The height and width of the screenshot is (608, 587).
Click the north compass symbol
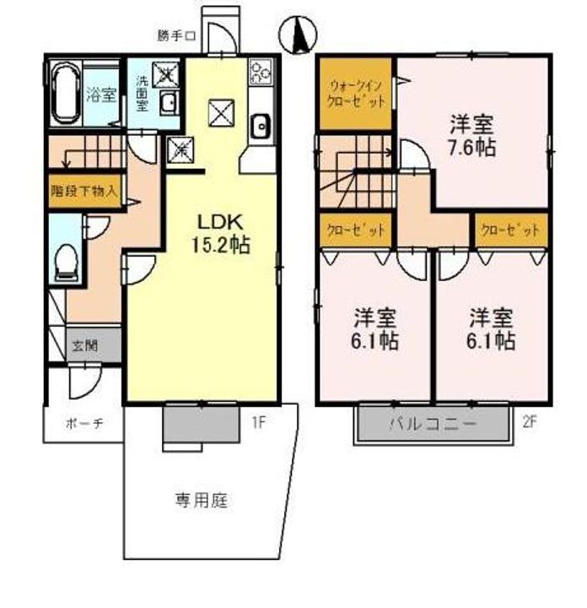(x=298, y=35)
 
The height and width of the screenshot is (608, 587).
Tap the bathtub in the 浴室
(x=66, y=94)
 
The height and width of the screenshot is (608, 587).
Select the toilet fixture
(x=67, y=262)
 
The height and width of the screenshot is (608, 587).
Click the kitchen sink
(x=261, y=127)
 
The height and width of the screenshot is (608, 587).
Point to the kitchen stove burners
(x=261, y=72)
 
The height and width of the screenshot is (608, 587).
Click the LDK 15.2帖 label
(x=220, y=233)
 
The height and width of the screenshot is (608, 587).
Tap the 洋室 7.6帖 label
(x=471, y=136)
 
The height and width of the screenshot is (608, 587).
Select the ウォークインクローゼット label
(x=356, y=94)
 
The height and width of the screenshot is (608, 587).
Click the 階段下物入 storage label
(x=84, y=191)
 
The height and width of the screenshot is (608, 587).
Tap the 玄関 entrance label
(x=85, y=345)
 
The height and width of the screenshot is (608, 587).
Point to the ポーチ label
(x=84, y=423)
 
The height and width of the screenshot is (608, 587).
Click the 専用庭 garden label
(x=202, y=500)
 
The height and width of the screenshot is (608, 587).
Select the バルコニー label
(x=432, y=423)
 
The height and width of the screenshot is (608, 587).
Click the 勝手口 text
(x=176, y=36)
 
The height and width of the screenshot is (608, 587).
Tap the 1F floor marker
(x=259, y=422)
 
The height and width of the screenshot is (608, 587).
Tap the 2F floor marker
(x=530, y=422)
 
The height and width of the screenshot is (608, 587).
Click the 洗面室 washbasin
(x=169, y=103)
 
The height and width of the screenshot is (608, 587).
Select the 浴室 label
(x=101, y=95)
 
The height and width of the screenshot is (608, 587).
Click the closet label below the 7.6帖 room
(x=510, y=231)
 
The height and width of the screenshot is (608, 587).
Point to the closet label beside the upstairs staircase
(x=356, y=231)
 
